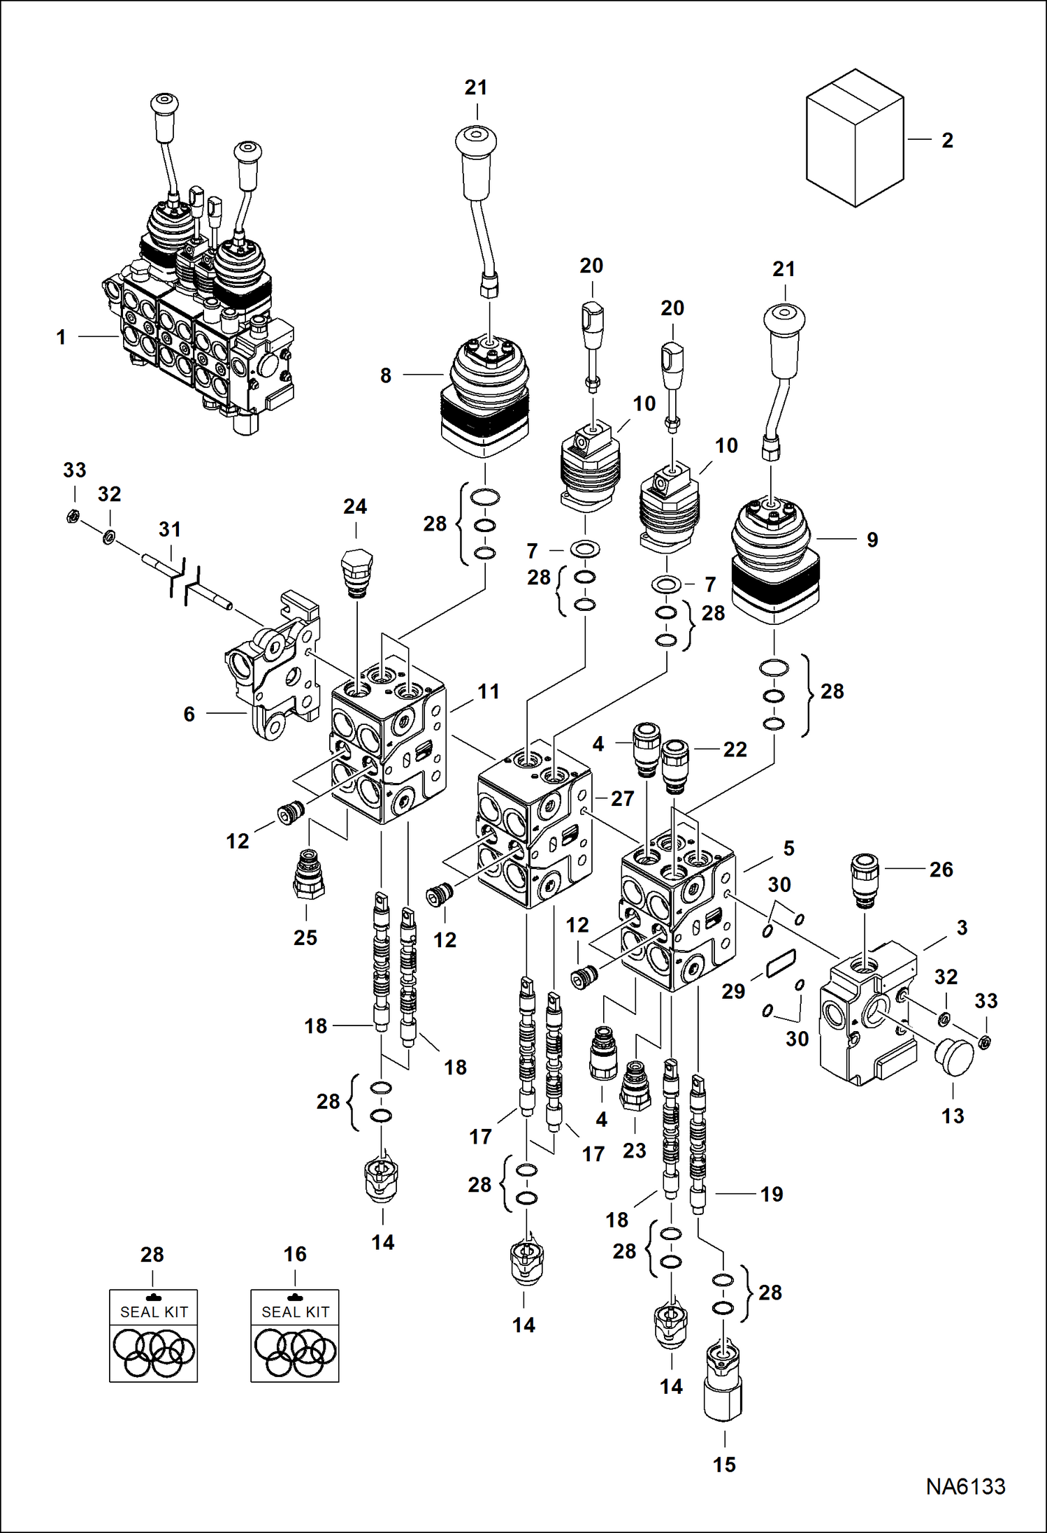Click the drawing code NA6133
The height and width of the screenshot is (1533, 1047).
965,1486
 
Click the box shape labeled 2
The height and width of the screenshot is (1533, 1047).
854,138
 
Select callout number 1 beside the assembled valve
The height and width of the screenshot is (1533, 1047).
62,338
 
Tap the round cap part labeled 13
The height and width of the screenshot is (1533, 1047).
954,1057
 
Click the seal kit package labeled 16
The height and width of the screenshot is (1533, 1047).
294,1335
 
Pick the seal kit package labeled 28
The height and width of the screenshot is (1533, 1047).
153,1335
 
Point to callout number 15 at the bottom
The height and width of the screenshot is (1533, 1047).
724,1464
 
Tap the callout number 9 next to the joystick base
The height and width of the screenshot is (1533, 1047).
872,540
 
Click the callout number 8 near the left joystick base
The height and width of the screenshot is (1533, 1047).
386,375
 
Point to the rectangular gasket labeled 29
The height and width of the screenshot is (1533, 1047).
780,963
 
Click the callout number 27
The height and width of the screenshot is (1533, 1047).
622,798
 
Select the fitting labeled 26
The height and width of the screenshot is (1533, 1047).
865,881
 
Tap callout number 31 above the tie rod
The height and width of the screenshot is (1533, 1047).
169,529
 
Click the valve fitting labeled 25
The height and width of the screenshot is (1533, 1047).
308,874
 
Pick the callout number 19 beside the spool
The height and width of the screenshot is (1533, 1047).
772,1194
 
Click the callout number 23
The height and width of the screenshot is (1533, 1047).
634,1150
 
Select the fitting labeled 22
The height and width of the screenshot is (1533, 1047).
675,767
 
